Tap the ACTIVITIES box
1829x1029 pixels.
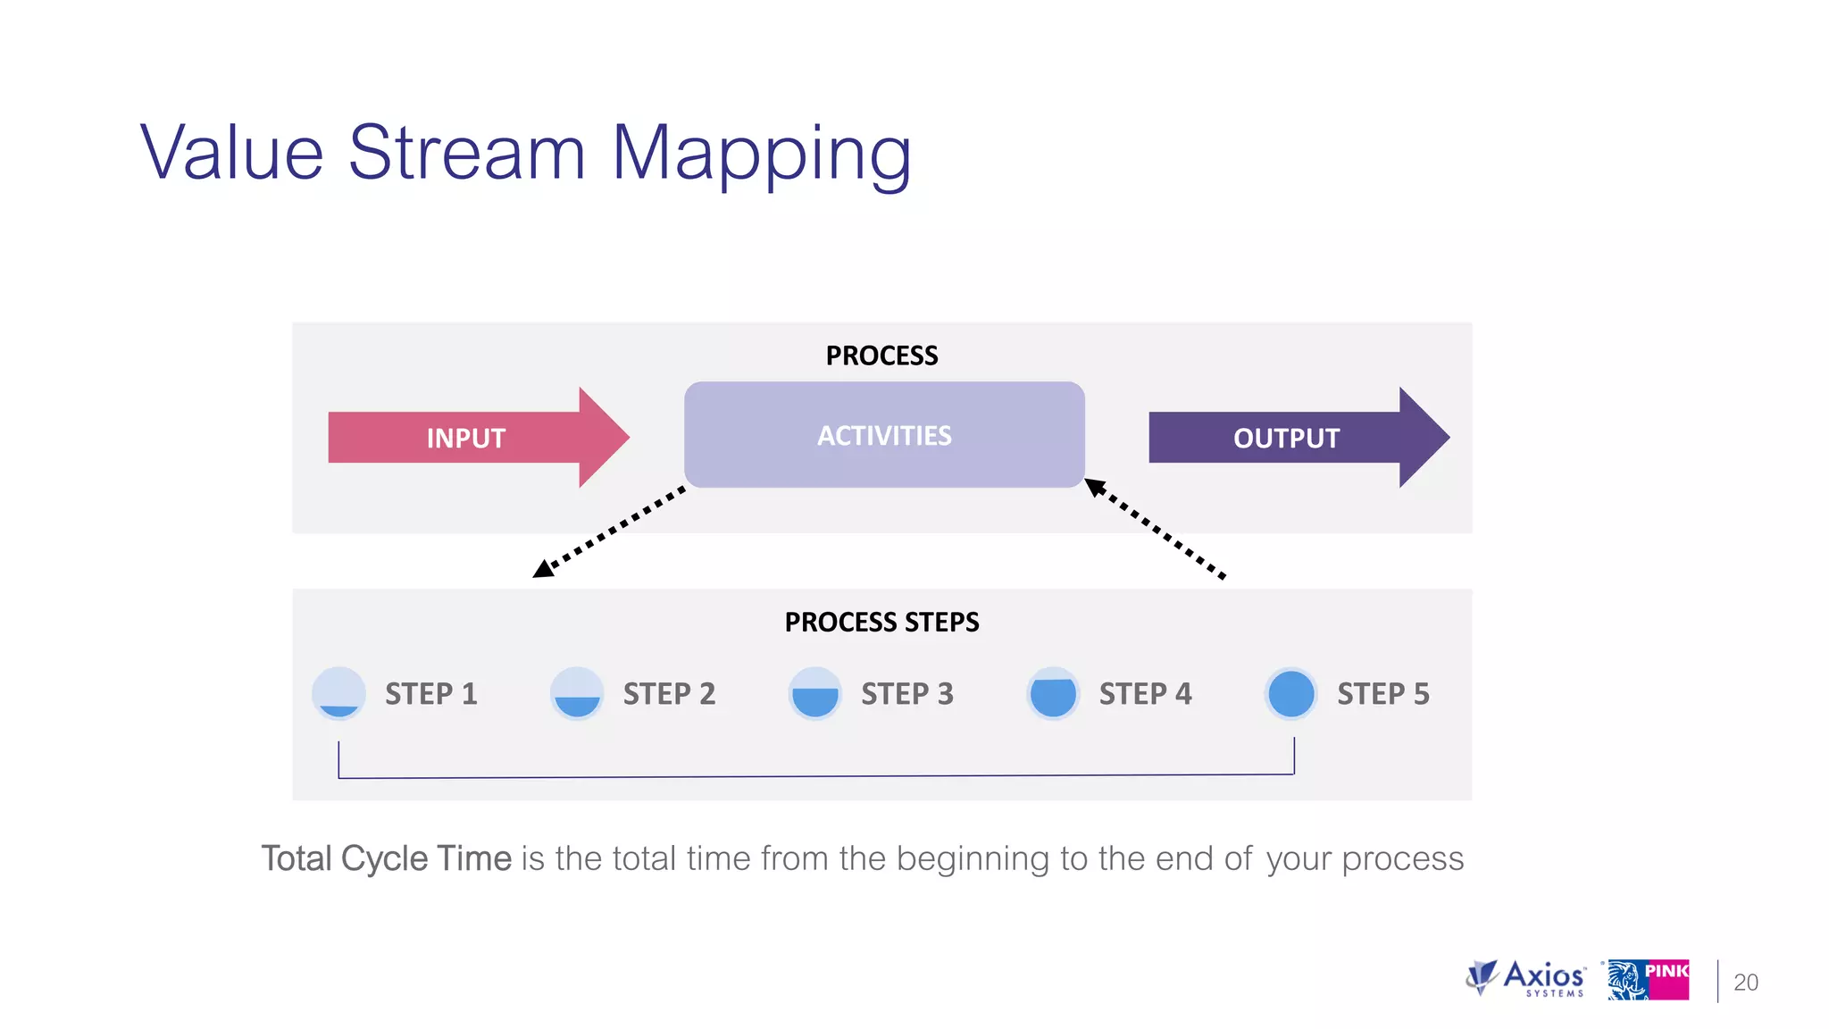tap(884, 435)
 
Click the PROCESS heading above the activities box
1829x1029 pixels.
tap(881, 356)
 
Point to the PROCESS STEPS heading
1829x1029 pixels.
tap(881, 622)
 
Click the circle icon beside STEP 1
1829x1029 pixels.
tap(338, 693)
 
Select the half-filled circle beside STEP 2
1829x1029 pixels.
tap(577, 693)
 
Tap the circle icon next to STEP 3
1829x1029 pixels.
tap(814, 693)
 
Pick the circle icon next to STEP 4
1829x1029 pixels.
tap(1053, 693)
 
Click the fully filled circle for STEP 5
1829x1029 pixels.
tap(1290, 693)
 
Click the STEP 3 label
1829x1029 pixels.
tap(907, 694)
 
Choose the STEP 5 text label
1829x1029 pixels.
tap(1383, 694)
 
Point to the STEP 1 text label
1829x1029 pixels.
tap(431, 694)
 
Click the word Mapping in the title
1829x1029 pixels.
tap(761, 154)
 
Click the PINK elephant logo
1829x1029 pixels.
tap(1648, 980)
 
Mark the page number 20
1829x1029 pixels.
tap(1745, 983)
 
